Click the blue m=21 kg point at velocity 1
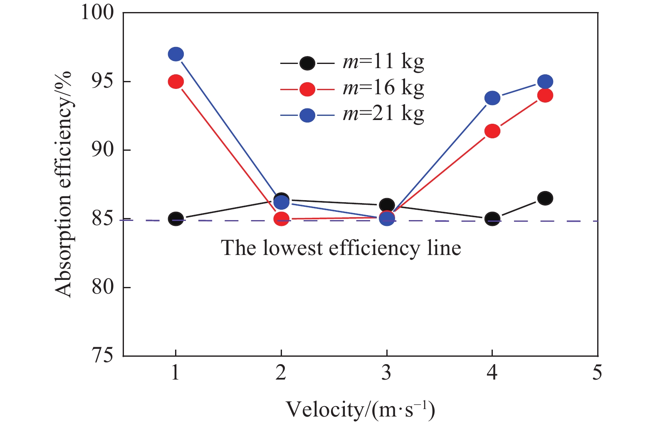(176, 54)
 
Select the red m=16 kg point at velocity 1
(176, 82)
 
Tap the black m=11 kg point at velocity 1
(176, 219)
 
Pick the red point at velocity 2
(282, 219)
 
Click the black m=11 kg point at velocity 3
(387, 205)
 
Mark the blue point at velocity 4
(492, 98)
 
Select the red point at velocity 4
(492, 131)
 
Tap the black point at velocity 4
(492, 219)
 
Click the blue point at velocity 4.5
(545, 82)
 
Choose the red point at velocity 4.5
(545, 96)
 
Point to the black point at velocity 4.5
(545, 198)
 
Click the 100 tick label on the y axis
(97, 12)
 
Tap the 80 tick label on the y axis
(102, 287)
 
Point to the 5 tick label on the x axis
(597, 373)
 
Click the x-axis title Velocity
(360, 409)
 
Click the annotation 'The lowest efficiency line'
(341, 248)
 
